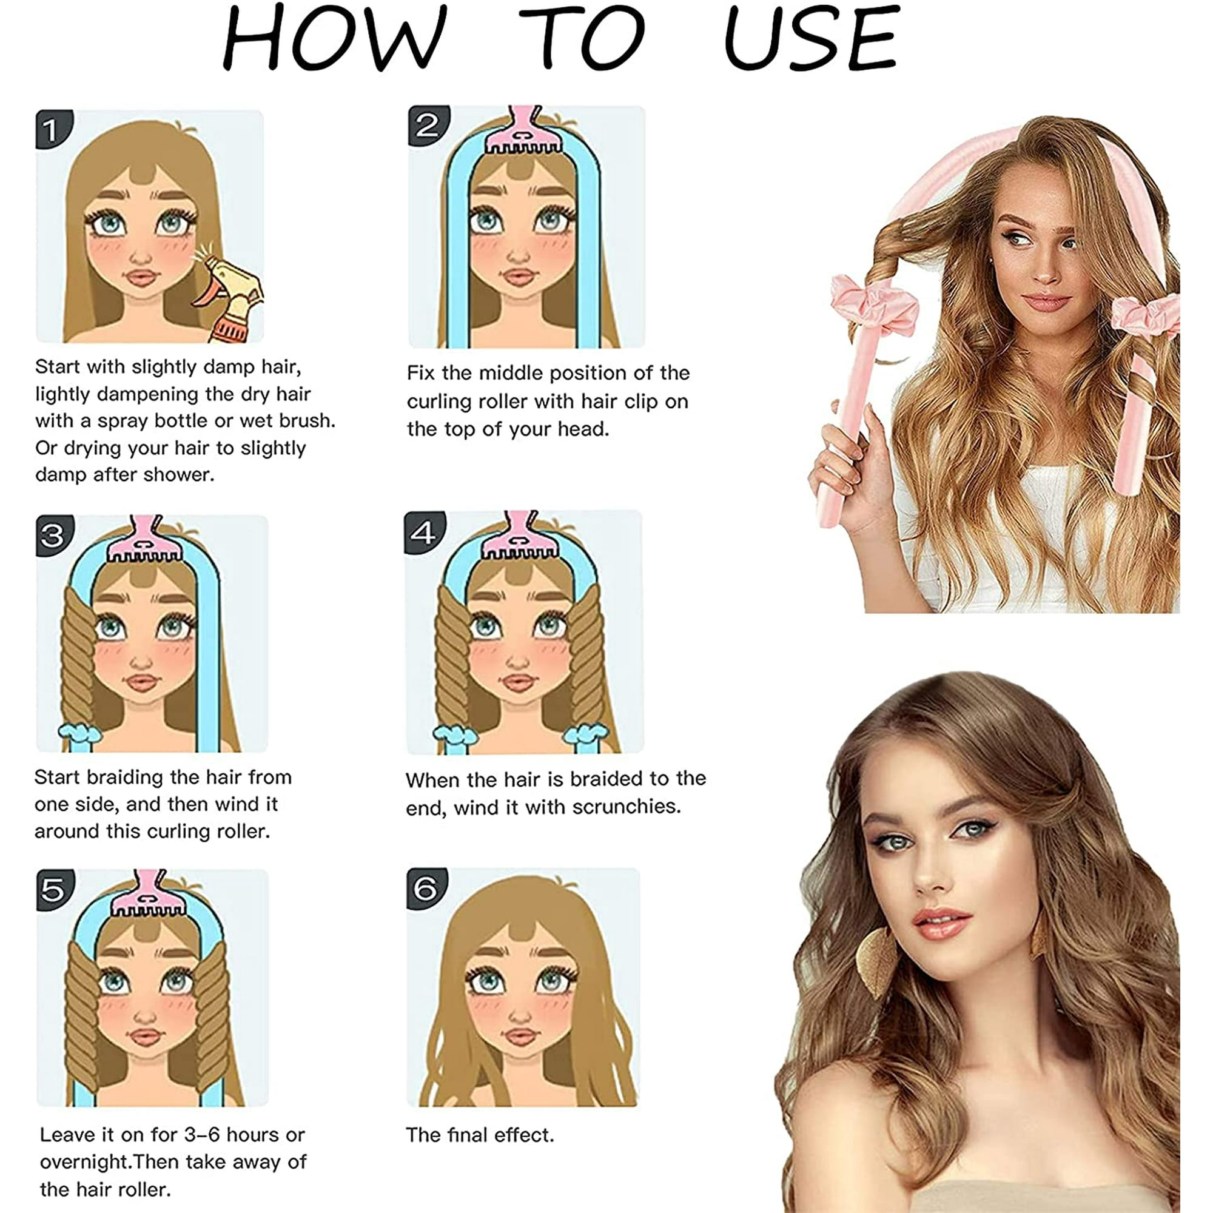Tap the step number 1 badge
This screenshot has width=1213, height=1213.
click(x=53, y=129)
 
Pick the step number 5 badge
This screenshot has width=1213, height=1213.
click(x=55, y=890)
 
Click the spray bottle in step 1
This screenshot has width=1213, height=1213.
click(x=230, y=298)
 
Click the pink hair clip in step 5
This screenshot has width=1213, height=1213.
click(x=149, y=893)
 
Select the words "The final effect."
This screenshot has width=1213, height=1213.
click(x=480, y=1135)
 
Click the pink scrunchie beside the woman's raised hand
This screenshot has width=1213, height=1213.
click(x=875, y=306)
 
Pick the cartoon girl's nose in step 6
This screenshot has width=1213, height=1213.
click(x=519, y=1013)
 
